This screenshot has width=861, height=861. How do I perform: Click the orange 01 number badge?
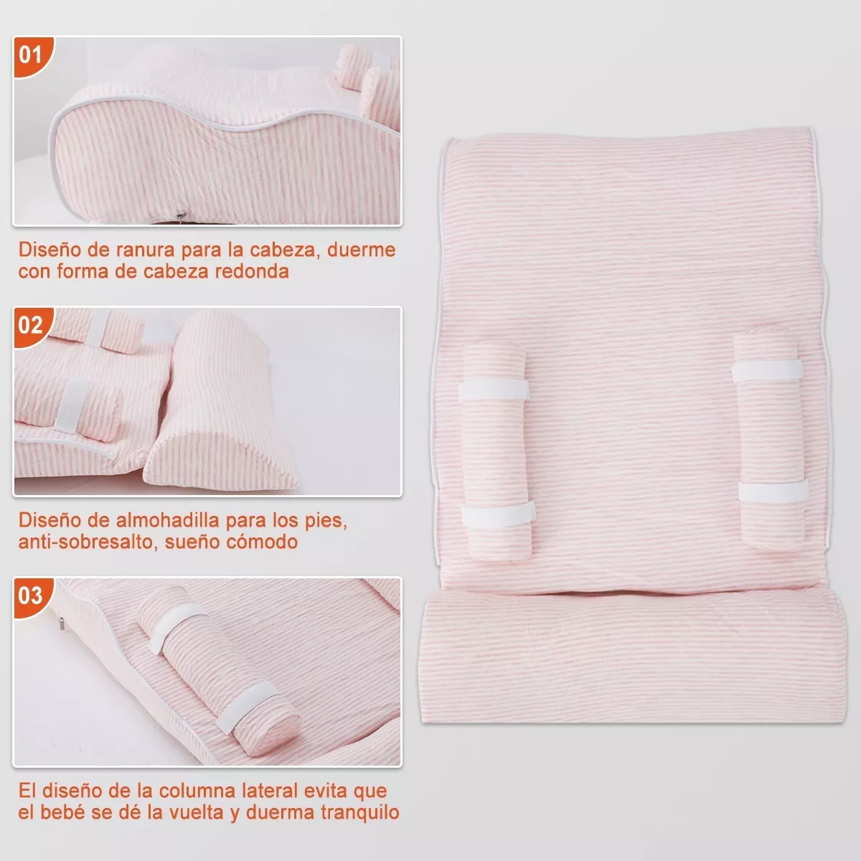(x=32, y=55)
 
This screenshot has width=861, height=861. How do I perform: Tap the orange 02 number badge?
(x=32, y=326)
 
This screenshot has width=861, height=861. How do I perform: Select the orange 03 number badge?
(x=32, y=596)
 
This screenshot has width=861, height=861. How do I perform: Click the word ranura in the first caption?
(x=145, y=250)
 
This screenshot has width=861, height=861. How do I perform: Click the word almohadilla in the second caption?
(x=168, y=520)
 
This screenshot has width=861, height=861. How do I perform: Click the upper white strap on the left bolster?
(x=494, y=389)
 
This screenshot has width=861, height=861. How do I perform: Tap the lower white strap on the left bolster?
(x=498, y=514)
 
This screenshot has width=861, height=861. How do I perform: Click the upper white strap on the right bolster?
(x=767, y=370)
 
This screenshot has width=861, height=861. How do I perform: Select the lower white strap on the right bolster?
(x=773, y=491)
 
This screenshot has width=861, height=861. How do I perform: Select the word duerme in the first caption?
(x=361, y=250)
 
